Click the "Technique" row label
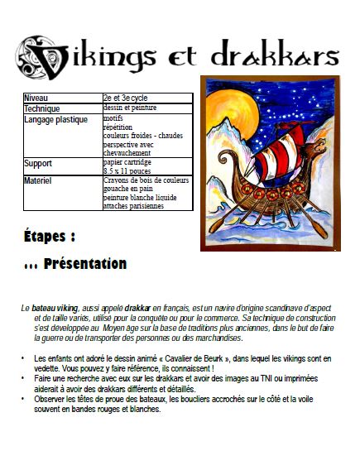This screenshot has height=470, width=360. coord(42,108)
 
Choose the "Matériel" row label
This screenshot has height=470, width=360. coord(39,180)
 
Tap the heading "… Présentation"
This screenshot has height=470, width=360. coord(75,265)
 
